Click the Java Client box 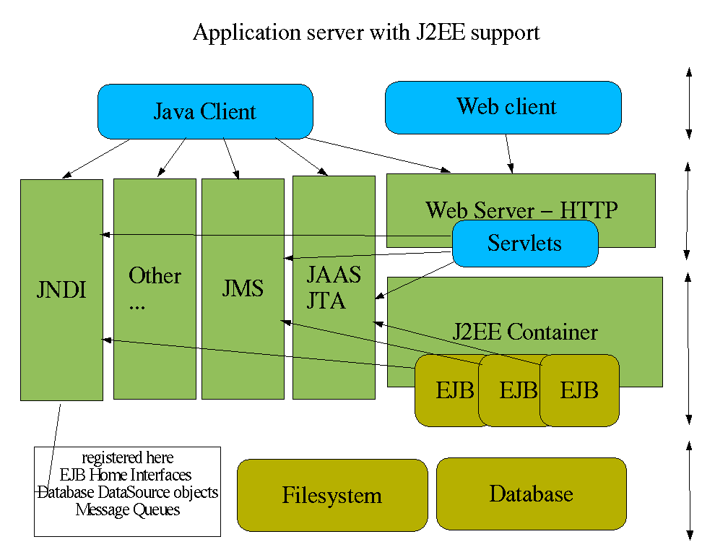[205, 111]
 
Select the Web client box [503, 107]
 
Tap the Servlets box [525, 243]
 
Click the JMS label [243, 289]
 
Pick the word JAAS [334, 275]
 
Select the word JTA [326, 301]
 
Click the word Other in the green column [155, 275]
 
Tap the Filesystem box [332, 496]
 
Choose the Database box [532, 494]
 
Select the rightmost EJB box [580, 391]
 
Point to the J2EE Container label [525, 332]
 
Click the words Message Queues [128, 509]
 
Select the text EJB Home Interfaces [126, 475]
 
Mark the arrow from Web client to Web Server [509, 154]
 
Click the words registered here [128, 457]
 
